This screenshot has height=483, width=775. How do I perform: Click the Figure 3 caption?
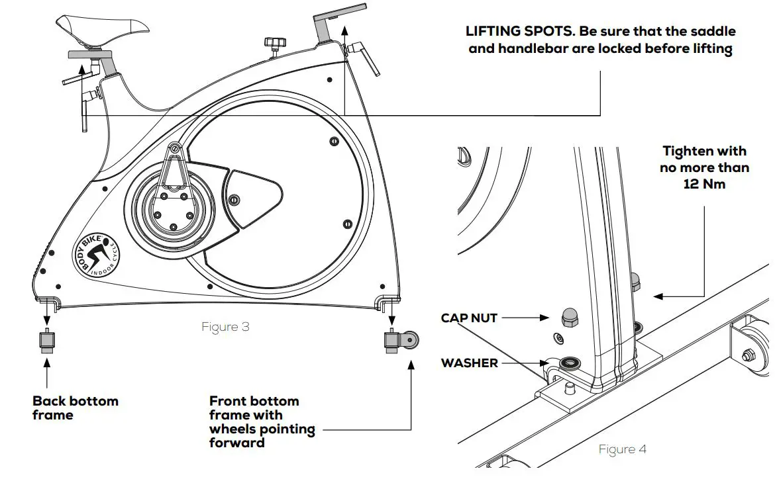click(x=225, y=327)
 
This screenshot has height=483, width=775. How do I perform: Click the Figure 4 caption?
click(x=622, y=449)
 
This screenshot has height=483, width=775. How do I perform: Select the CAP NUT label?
click(x=469, y=318)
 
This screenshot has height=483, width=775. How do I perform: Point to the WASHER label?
click(x=469, y=363)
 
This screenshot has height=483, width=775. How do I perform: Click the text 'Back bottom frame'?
click(x=76, y=408)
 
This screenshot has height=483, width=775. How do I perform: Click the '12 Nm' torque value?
click(x=704, y=184)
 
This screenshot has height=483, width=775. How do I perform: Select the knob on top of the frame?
click(x=272, y=44)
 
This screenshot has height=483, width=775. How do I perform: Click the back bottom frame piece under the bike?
click(x=46, y=341)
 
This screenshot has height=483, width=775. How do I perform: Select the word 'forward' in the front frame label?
click(x=236, y=443)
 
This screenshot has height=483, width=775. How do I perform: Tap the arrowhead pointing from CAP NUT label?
click(x=546, y=318)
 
